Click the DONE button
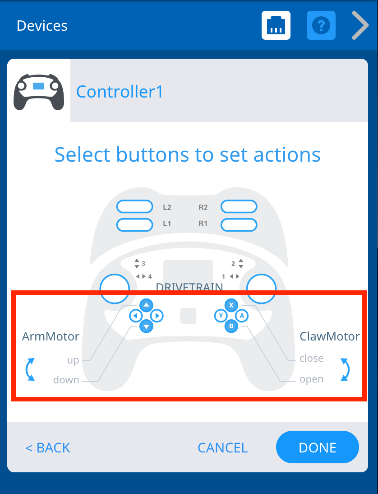[317, 447]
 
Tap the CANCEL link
[222, 447]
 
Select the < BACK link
[48, 447]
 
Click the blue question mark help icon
[321, 26]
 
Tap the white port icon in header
[276, 26]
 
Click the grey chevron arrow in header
[360, 26]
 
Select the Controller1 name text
[120, 92]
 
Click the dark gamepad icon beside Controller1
[39, 91]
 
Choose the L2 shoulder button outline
[134, 207]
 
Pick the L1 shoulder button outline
[134, 224]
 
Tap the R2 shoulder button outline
[239, 207]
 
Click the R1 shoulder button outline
[239, 224]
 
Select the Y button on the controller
[221, 316]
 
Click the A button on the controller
[242, 316]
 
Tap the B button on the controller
[231, 326]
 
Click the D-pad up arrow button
[146, 305]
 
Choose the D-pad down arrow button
[146, 326]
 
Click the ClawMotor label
[329, 336]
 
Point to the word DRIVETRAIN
[189, 287]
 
